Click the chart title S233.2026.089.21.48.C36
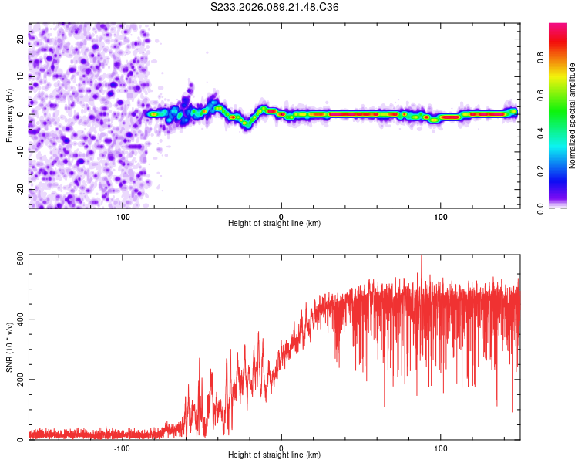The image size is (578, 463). pos(275,7)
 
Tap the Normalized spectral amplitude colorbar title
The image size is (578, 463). pos(573,116)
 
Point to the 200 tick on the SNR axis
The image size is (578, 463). pos(21,380)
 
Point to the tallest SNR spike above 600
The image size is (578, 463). pos(421,258)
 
